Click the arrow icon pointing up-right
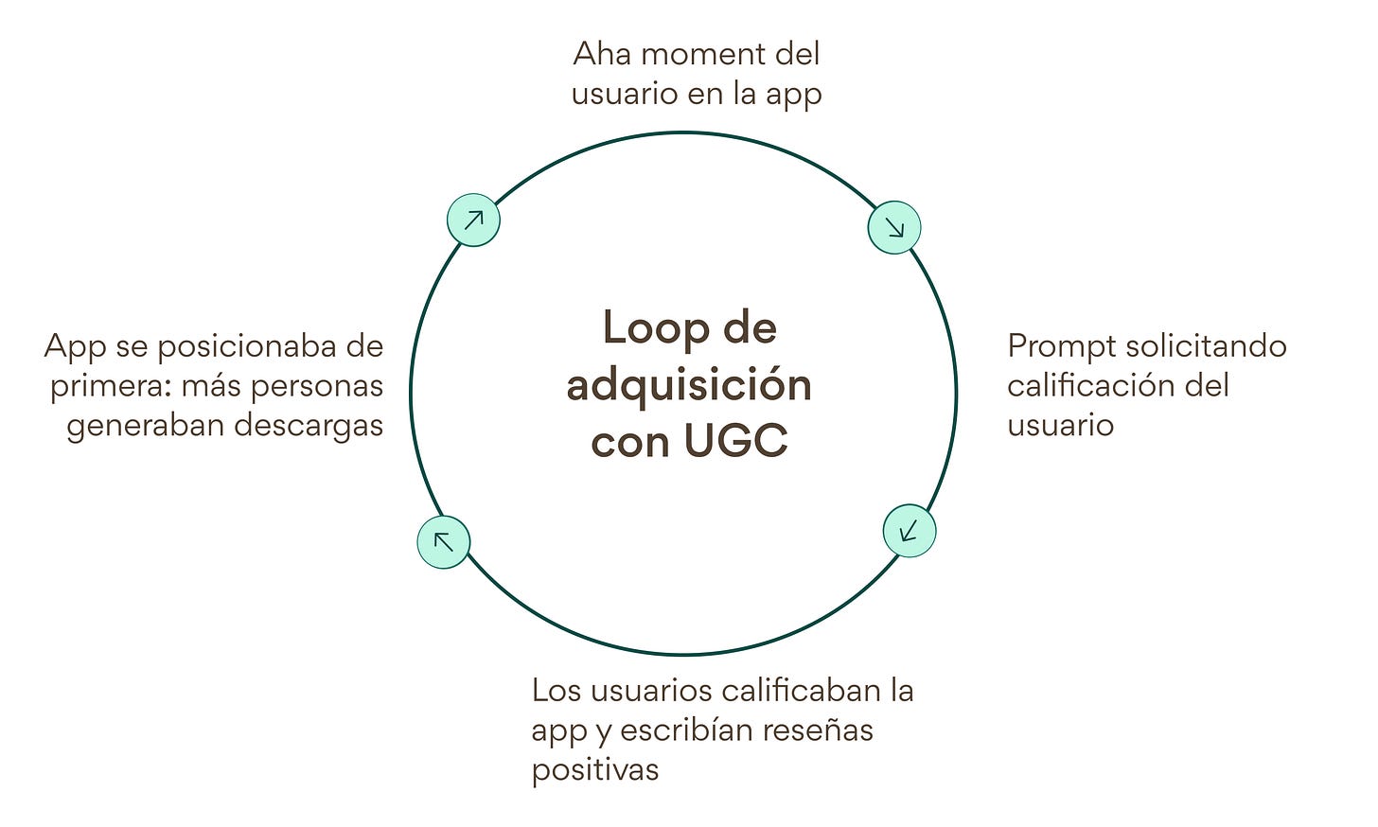click(x=473, y=220)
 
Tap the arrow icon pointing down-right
click(x=894, y=227)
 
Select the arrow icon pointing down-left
click(x=910, y=530)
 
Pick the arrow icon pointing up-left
click(x=444, y=541)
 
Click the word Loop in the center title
click(x=644, y=329)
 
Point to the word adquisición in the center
click(x=689, y=386)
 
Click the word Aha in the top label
click(x=602, y=54)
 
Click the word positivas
click(x=594, y=769)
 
